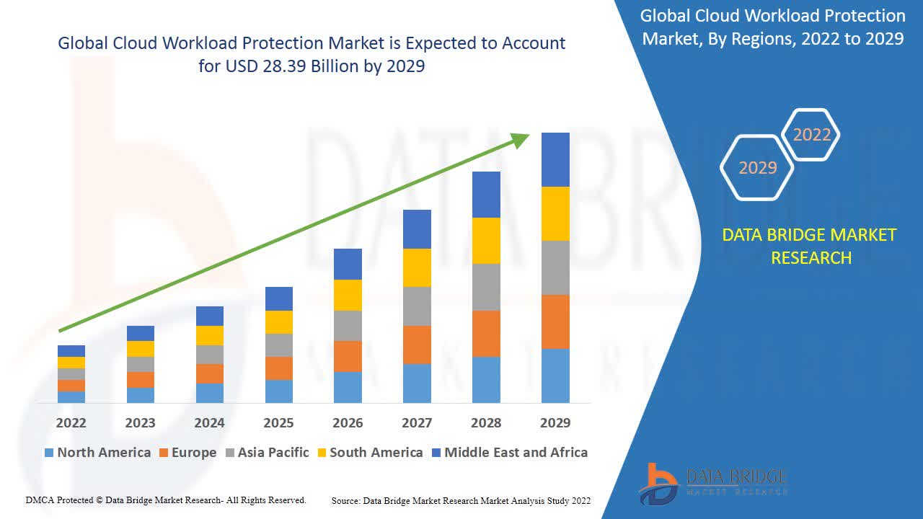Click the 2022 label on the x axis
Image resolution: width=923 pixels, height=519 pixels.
pos(71,422)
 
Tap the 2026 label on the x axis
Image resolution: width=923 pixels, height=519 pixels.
pos(348,422)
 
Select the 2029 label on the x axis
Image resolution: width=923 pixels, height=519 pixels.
pos(555,422)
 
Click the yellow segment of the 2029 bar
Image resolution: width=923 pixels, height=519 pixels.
pos(555,213)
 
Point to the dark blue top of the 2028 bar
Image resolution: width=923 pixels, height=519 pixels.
pos(486,195)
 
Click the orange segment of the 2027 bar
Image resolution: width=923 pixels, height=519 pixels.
pos(417,345)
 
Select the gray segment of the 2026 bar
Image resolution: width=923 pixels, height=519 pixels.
pos(348,326)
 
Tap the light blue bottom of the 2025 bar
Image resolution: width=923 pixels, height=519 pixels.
pos(278,391)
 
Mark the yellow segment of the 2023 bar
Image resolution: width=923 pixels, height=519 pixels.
pos(140,349)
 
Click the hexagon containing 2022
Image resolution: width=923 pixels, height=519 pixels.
pos(811,135)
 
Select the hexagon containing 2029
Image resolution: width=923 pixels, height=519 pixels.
pos(757,167)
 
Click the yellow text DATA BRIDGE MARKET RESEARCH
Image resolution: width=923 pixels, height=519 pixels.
pos(811,246)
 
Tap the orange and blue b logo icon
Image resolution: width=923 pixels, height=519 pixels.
pos(658,483)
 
